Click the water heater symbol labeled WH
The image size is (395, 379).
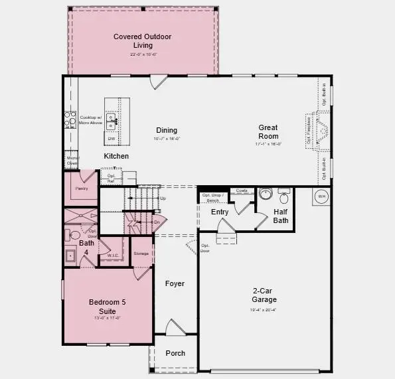point(322,196)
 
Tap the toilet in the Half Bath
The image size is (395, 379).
point(284,197)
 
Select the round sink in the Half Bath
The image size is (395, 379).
point(266,195)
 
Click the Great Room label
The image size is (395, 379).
point(268,131)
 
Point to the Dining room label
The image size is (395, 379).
point(167,130)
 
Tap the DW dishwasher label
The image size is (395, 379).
point(112,139)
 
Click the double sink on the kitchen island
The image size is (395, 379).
point(112,119)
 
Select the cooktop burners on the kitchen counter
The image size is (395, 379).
point(69,119)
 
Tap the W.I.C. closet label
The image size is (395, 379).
point(112,256)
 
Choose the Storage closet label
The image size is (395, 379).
point(141,253)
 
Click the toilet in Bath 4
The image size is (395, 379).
point(74,234)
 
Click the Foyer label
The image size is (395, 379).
point(175,283)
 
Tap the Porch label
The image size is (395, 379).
point(175,353)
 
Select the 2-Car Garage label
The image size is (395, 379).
point(264,295)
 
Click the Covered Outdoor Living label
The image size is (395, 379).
point(142,40)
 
